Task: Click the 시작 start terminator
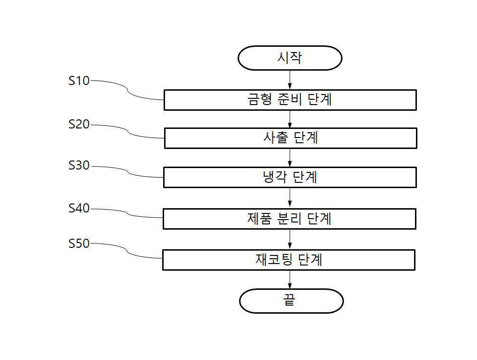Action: tap(290, 58)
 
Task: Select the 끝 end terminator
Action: tap(291, 301)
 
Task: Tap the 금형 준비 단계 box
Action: tap(290, 100)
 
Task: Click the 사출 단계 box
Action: tap(290, 138)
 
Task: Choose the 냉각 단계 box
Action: tap(290, 177)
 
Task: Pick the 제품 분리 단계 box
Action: tap(290, 219)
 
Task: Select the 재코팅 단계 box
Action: tap(289, 260)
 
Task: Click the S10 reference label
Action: tap(79, 81)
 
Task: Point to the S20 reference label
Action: tap(79, 124)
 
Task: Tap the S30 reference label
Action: tap(79, 165)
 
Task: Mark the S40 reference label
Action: tap(79, 208)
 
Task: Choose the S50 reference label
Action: tap(79, 244)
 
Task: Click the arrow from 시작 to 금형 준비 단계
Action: tap(290, 80)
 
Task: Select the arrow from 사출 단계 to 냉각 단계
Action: tap(290, 158)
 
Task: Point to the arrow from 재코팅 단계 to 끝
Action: tap(290, 280)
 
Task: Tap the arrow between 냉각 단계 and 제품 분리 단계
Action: tap(290, 198)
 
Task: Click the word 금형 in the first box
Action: tap(259, 99)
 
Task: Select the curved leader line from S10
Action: tap(127, 90)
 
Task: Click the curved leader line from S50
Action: tap(126, 250)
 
